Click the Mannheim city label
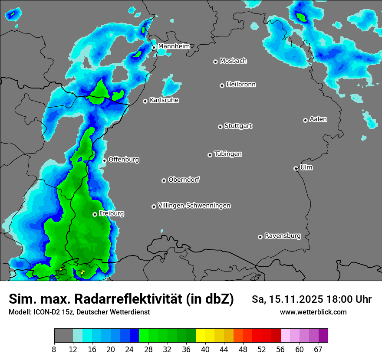tap(174, 46)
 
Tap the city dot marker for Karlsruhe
tap(145, 101)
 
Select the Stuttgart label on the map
tap(238, 126)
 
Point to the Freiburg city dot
tap(95, 214)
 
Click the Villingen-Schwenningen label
tap(194, 206)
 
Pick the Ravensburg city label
tap(282, 236)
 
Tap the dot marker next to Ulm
tap(296, 168)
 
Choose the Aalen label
tap(318, 119)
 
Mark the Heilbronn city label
tap(241, 85)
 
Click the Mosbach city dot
tap(215, 62)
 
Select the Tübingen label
tap(228, 154)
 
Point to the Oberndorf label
tap(184, 180)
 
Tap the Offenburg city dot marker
tap(105, 160)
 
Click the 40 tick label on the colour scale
tap(205, 350)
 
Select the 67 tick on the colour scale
tap(318, 350)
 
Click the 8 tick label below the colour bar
tap(54, 350)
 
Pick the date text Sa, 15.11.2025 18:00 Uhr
tap(311, 299)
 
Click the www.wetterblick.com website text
tap(313, 312)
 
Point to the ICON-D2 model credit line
tap(79, 312)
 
